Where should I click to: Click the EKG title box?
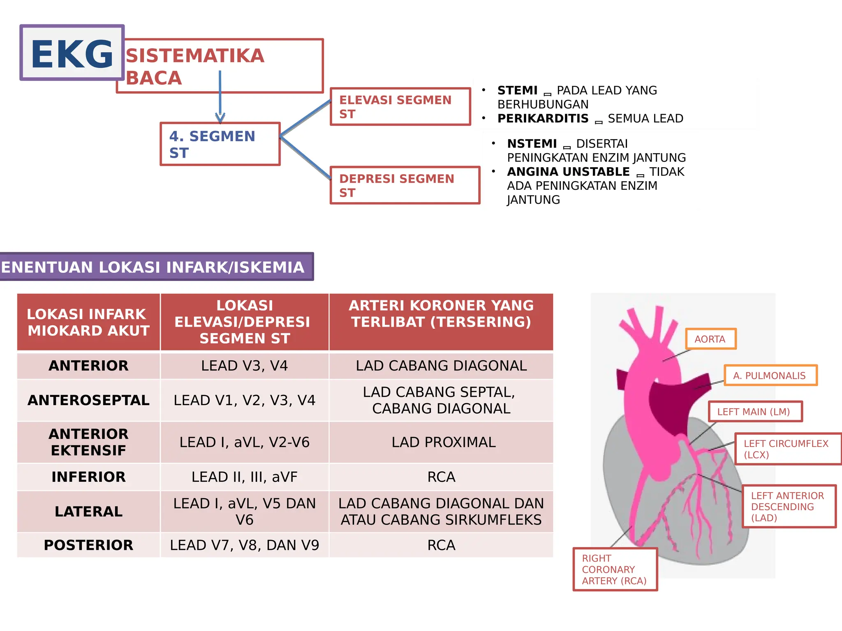pos(72,53)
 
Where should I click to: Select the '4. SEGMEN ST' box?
pos(220,144)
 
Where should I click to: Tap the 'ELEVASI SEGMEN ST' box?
pos(400,106)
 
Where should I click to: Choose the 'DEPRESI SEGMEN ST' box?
pos(405,185)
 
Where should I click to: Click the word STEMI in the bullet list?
pos(517,90)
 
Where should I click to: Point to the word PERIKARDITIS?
pos(543,118)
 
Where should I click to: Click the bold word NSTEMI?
pos(532,144)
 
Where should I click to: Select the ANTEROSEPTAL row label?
pos(88,400)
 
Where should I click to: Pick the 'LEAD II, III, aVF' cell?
pos(244,477)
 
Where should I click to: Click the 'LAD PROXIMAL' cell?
pos(443,442)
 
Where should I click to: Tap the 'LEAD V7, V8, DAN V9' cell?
pos(244,545)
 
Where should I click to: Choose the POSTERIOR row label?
pos(88,545)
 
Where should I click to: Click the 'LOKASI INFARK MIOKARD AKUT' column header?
pos(88,322)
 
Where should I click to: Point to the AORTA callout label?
pos(710,339)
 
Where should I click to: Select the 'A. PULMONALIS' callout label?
pos(770,375)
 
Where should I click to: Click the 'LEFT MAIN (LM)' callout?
pos(755,412)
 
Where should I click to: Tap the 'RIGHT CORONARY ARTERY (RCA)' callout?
pos(615,569)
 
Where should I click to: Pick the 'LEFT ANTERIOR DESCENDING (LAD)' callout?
pos(788,507)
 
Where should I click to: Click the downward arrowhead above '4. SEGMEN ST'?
pos(220,118)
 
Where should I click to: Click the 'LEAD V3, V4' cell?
pos(244,366)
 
